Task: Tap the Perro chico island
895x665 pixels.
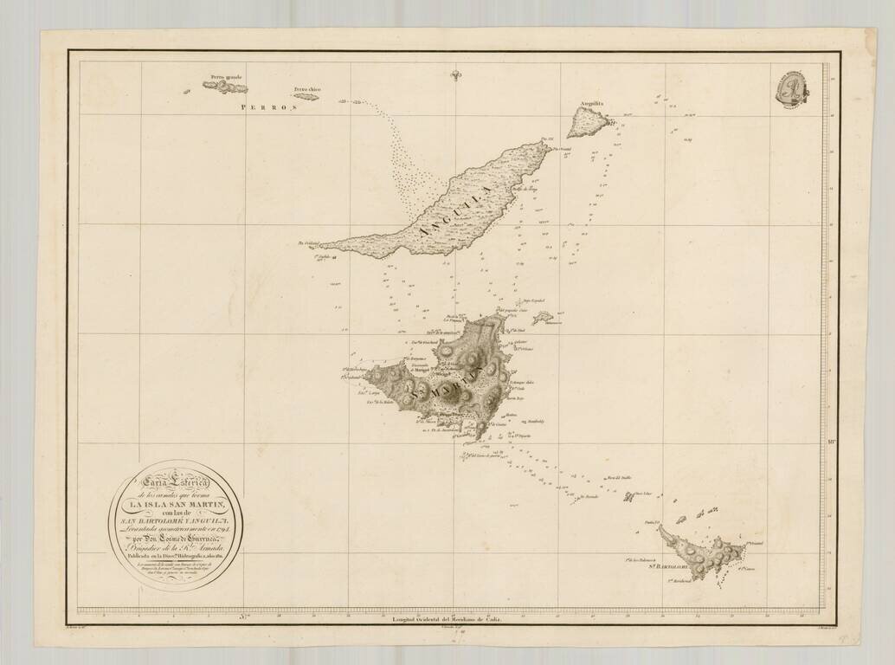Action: coord(305,97)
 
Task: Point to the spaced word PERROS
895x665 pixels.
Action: coord(269,108)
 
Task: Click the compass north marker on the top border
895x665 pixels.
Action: coord(455,75)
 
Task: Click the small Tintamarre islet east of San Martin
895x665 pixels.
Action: coord(544,318)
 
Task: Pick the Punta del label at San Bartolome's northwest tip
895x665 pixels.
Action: coord(652,522)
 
